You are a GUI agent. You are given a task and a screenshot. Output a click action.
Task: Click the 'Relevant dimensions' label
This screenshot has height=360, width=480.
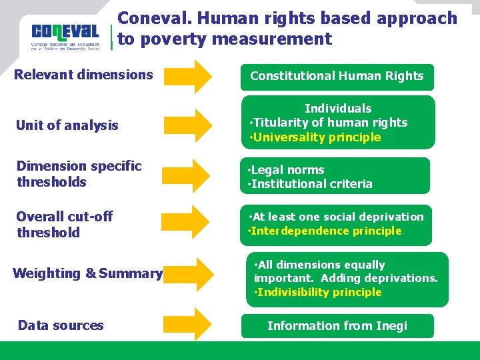(x=84, y=75)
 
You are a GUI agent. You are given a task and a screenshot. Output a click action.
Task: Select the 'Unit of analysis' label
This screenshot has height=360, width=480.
(x=67, y=125)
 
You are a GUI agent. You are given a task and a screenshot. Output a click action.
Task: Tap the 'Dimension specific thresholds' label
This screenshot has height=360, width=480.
(x=79, y=174)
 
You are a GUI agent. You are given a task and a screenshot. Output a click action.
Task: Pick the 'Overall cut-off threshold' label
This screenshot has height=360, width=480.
(x=65, y=225)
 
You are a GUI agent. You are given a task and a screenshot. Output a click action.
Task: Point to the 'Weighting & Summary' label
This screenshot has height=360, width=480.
(x=87, y=273)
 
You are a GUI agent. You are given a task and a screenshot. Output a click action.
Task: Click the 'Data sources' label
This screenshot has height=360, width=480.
(x=61, y=325)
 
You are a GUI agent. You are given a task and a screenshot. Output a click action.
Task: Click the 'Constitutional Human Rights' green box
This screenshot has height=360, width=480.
(x=337, y=76)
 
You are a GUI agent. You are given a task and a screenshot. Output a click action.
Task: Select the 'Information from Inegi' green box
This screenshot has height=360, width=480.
(x=337, y=326)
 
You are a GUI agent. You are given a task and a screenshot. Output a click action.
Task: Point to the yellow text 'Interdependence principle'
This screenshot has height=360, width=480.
(x=326, y=231)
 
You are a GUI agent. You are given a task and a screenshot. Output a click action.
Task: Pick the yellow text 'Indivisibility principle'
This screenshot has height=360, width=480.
(x=319, y=292)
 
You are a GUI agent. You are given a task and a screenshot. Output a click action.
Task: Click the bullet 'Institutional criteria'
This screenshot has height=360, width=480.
(x=311, y=184)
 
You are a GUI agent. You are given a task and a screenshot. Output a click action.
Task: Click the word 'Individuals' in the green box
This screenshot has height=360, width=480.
(x=338, y=108)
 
